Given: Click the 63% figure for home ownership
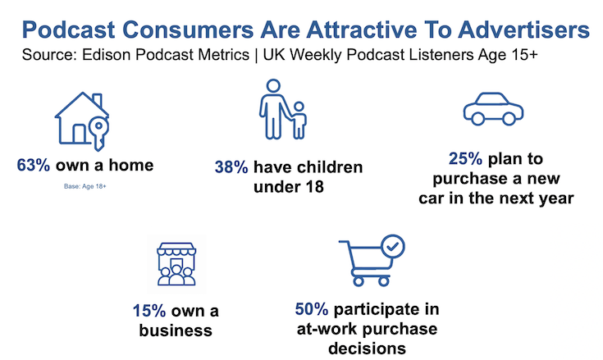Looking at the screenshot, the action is [34, 165].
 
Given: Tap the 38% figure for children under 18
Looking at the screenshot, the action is [231, 167].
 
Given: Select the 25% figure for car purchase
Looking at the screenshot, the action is [465, 158].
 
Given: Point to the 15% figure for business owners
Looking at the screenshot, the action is [149, 311].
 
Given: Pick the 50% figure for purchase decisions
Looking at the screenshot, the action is [312, 309].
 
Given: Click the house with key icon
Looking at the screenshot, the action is [82, 121].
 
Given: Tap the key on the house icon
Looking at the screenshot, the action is [98, 133].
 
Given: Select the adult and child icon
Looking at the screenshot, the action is [283, 109].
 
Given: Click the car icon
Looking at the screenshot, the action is [493, 109].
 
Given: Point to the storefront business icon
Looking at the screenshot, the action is [176, 264].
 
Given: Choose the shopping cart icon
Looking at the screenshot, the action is [372, 261].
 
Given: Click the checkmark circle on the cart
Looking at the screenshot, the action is [393, 246].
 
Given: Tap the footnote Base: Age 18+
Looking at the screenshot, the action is [85, 186].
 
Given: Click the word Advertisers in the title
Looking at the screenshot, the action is [523, 30].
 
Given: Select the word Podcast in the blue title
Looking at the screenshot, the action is [69, 30].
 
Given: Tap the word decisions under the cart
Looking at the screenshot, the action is [368, 349].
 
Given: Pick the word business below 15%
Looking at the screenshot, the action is [176, 330].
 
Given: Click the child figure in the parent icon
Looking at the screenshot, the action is [299, 121].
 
